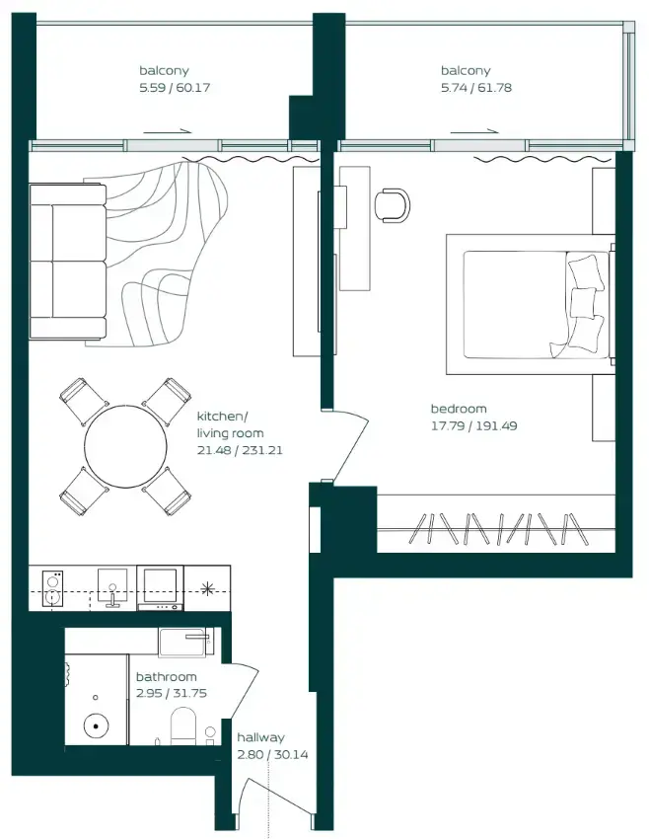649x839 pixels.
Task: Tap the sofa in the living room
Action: pos(67,261)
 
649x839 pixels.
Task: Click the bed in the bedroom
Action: pos(528,304)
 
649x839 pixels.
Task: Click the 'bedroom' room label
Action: pos(459,409)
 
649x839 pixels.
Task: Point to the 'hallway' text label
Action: pos(260,737)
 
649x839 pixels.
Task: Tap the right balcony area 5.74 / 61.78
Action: pos(476,88)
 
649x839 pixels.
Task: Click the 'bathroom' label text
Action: pos(166,677)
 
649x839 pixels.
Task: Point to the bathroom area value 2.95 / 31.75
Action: pos(167,693)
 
